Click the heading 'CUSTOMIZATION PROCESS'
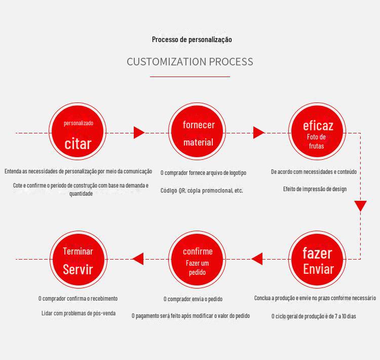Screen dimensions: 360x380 click(189, 62)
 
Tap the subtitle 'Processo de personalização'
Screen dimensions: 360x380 click(192, 40)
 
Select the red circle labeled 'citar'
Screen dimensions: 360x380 click(78, 132)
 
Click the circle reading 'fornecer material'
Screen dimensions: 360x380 click(198, 132)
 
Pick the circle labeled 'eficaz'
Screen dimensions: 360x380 click(318, 132)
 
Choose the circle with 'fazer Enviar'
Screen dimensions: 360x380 click(318, 259)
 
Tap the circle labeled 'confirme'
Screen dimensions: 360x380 click(198, 259)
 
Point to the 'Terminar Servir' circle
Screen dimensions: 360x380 click(78, 259)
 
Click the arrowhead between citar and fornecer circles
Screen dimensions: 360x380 click(139, 133)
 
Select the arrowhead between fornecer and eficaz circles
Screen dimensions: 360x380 click(258, 133)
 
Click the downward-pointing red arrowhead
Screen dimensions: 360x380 click(360, 206)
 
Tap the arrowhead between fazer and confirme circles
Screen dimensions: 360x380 click(257, 259)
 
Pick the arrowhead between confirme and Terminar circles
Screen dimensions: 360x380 click(138, 259)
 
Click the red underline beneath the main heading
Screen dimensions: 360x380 click(189, 77)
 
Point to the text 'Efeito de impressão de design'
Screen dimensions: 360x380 click(315, 189)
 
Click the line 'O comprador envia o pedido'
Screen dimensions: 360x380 click(193, 299)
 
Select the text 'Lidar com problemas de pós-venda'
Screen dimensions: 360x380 click(79, 313)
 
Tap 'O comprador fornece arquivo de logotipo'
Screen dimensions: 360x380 click(203, 173)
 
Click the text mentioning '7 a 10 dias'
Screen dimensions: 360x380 click(314, 316)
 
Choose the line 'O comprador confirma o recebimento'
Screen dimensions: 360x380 click(78, 299)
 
